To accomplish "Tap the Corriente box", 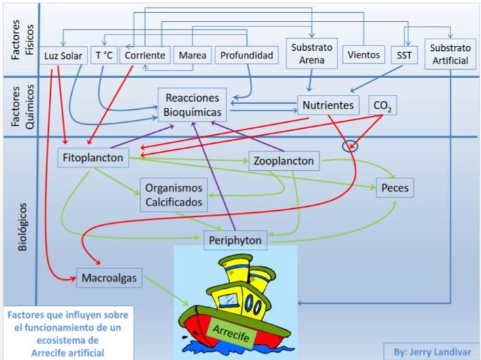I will point(144,55).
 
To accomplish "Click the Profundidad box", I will point(246,55).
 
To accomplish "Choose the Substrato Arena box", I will point(311,54).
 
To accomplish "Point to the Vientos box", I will point(363,55).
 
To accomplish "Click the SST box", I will point(404,55).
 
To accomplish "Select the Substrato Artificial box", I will point(449,54).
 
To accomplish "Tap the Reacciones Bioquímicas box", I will point(193,105).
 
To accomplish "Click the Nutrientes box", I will point(328,106).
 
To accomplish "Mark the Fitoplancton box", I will point(93,158).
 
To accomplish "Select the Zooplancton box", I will point(284,161).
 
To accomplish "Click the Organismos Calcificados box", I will point(174,194).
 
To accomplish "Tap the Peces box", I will point(394,188).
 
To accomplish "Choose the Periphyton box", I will point(235,239).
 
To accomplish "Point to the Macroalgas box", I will point(108,278).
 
